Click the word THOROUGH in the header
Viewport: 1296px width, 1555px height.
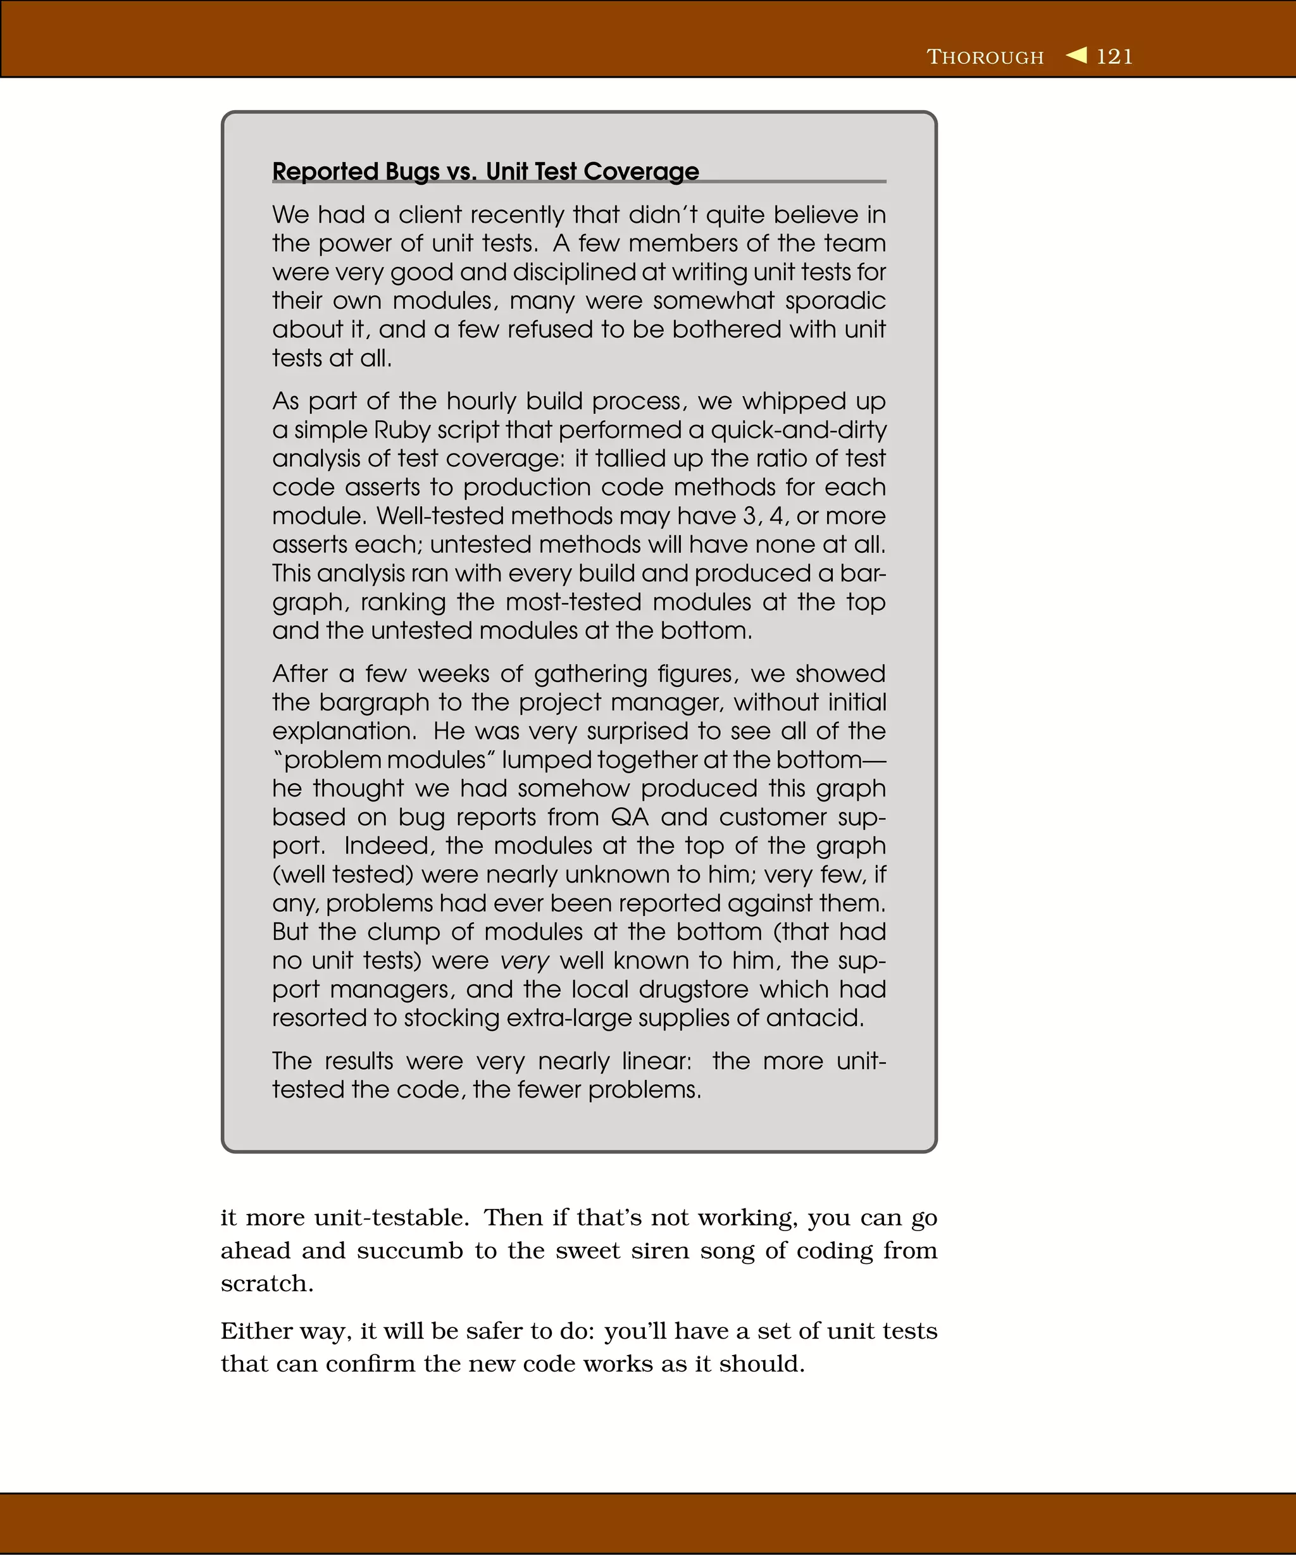[x=985, y=57]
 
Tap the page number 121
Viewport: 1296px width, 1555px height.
[x=1114, y=57]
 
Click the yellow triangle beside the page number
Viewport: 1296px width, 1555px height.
[x=1077, y=56]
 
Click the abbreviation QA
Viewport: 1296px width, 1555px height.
[x=630, y=817]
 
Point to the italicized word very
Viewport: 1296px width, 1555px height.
[x=525, y=961]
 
